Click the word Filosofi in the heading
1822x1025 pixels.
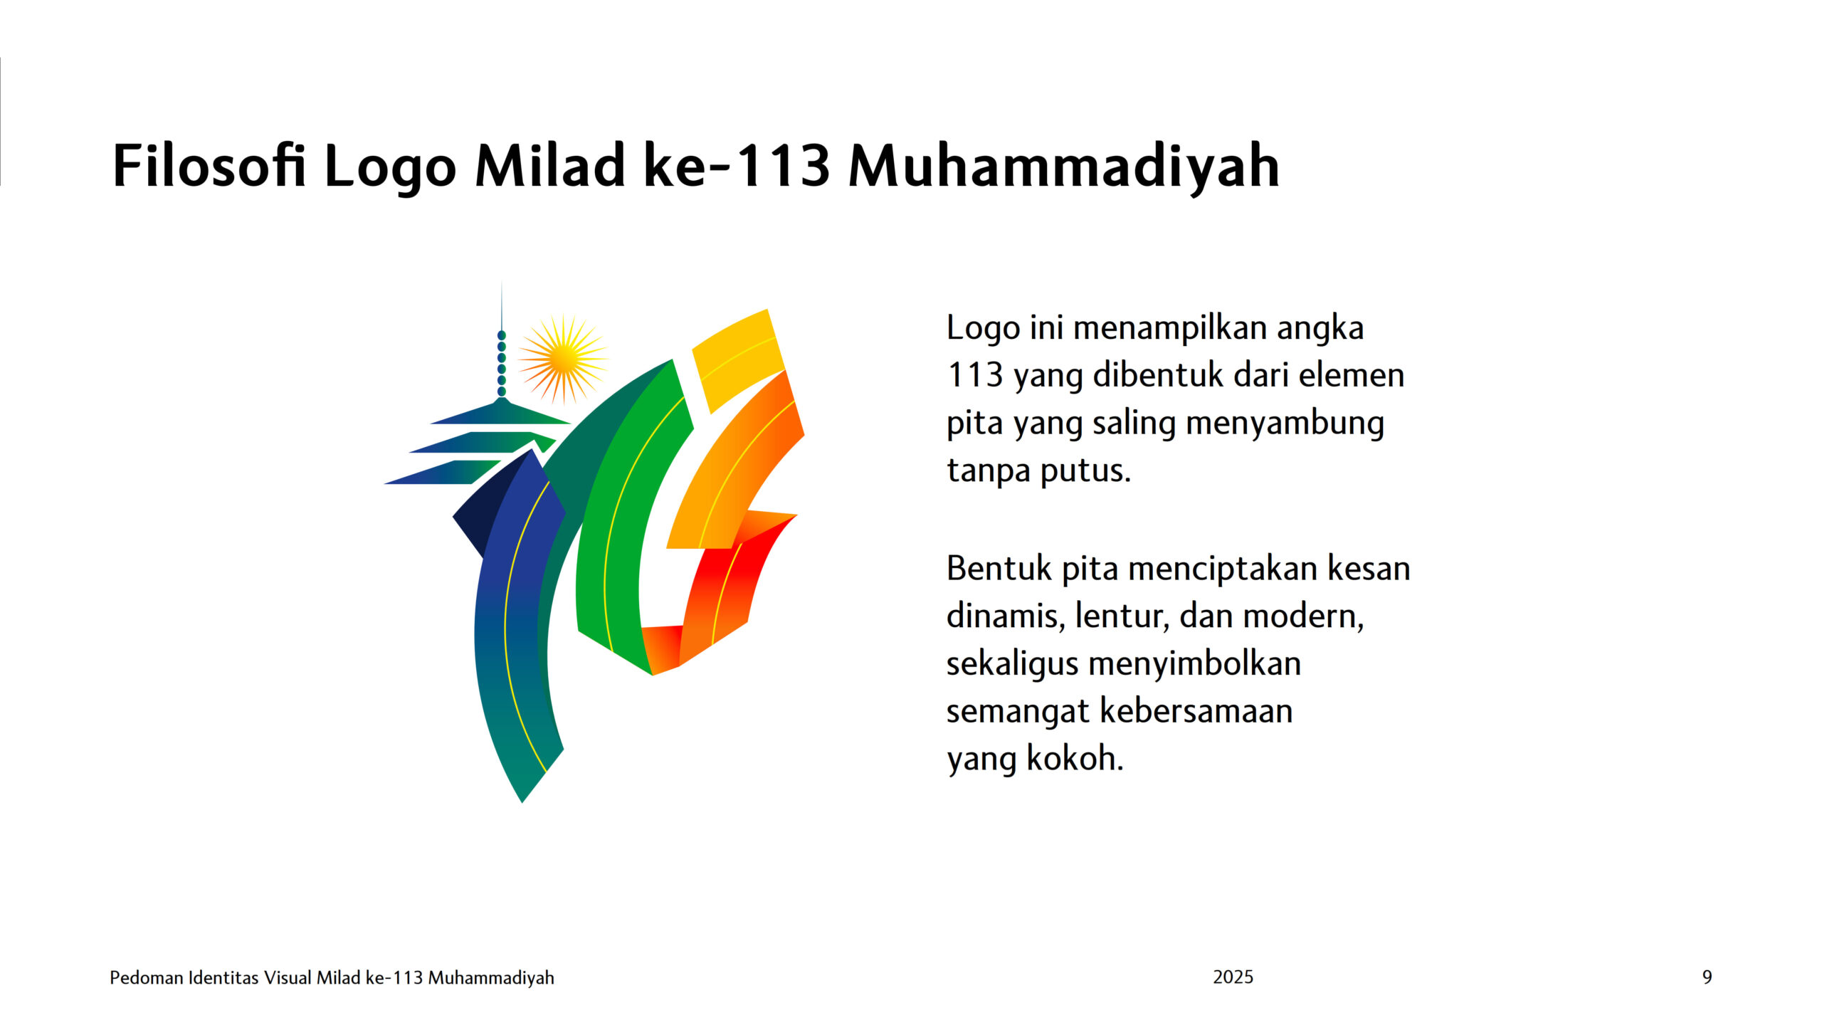(x=209, y=166)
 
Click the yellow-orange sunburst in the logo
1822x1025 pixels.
(x=563, y=359)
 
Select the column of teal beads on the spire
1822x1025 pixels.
(x=502, y=363)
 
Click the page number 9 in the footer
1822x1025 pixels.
(x=1707, y=977)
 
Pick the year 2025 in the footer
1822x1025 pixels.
(x=1233, y=977)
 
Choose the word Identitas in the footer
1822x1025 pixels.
(x=223, y=977)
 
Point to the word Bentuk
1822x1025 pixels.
(x=999, y=569)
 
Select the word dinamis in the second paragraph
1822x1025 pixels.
(x=1006, y=616)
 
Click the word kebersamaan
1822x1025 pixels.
(x=1196, y=711)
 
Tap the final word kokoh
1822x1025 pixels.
(x=1075, y=759)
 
